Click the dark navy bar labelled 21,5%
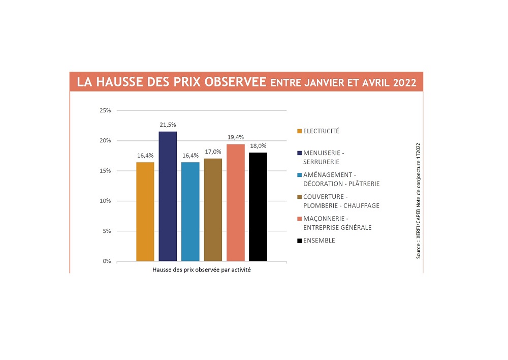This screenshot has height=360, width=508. (168, 196)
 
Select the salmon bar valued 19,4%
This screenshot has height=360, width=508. (236, 202)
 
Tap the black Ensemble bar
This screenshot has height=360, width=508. (258, 206)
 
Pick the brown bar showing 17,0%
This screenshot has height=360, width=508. (213, 209)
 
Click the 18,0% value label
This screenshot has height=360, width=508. (258, 146)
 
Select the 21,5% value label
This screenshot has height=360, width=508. (168, 125)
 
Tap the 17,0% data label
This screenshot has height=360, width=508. (213, 152)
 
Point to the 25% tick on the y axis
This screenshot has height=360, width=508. (106, 110)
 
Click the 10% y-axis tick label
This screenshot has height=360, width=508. (106, 201)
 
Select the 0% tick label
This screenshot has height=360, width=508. (108, 261)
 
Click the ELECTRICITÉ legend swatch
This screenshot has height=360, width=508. (300, 131)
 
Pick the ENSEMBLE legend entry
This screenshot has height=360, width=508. (319, 241)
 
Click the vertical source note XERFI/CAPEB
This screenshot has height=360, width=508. (418, 200)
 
